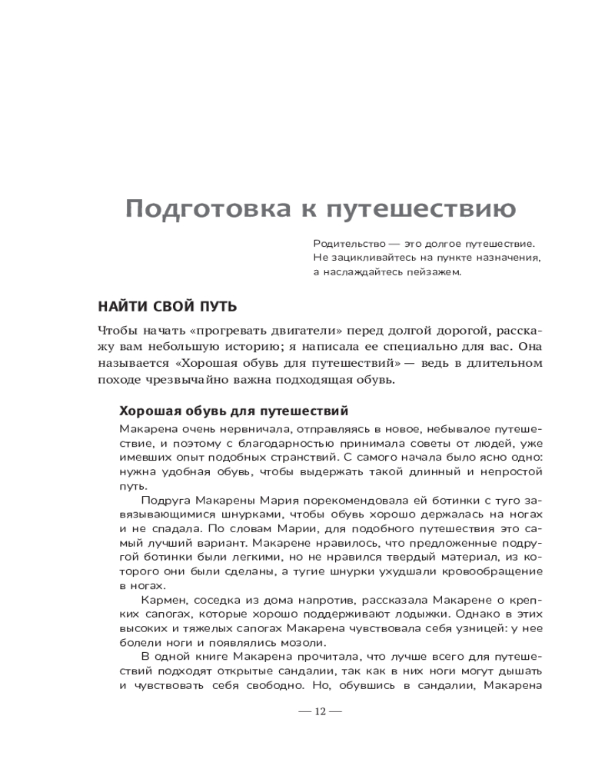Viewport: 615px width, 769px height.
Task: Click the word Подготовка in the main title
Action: tap(206, 209)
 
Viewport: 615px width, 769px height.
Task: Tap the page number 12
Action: tap(321, 711)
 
